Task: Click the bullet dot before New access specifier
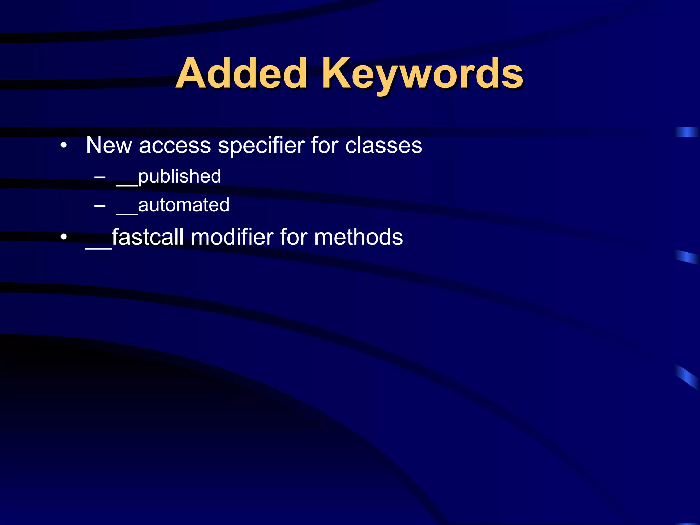pos(63,145)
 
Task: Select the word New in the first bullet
pos(109,145)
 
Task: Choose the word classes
pos(383,145)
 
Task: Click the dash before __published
pos(100,177)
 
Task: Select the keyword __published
pos(169,177)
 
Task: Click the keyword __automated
pos(173,205)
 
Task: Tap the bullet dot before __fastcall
pos(63,237)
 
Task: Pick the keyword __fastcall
pos(135,237)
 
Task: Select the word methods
pos(359,237)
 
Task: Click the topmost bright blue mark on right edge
pos(687,132)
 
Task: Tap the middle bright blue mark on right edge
pos(687,257)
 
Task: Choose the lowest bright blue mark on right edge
pos(687,377)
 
